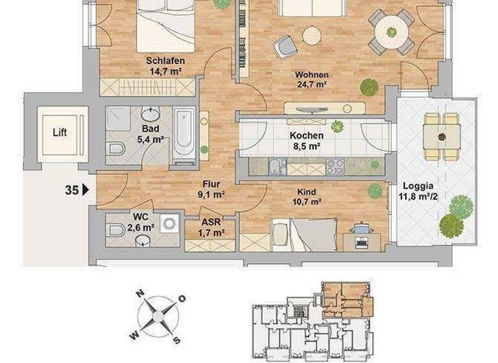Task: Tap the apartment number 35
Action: [72, 191]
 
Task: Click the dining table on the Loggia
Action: [441, 137]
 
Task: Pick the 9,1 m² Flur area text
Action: [212, 194]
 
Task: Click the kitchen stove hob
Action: [335, 167]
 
